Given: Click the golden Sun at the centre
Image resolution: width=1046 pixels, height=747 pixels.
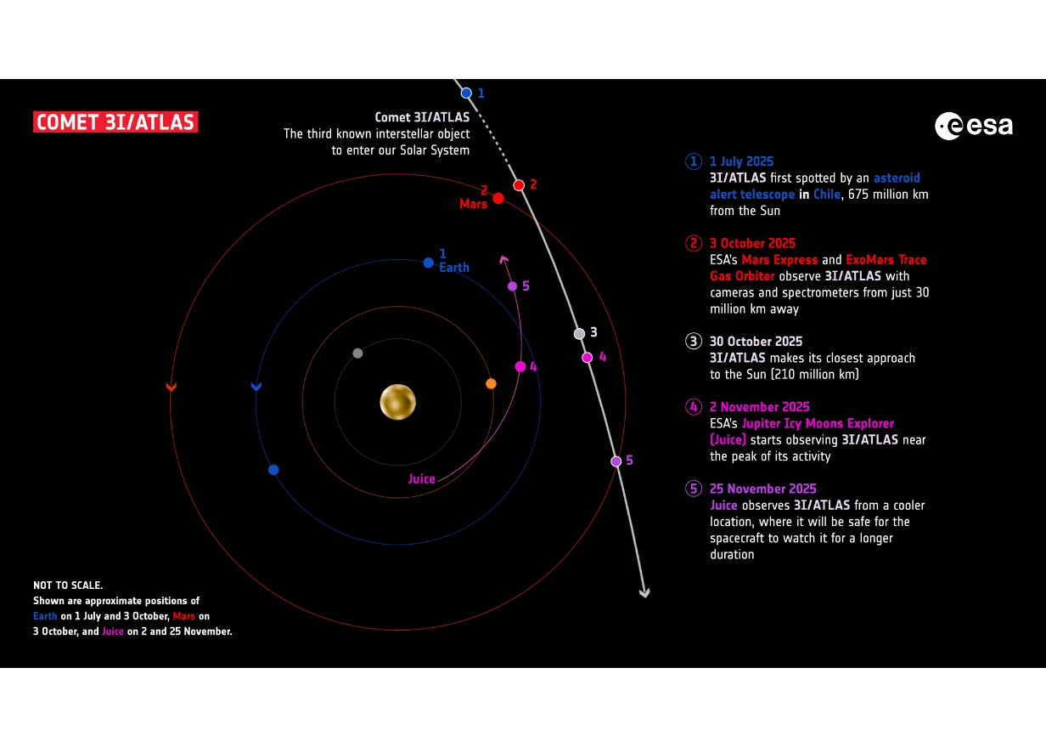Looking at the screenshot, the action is coord(398,402).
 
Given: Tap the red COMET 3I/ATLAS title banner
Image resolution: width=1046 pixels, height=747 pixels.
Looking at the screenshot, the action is coord(115,122).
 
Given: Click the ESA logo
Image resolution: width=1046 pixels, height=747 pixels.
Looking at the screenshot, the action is coord(974,126).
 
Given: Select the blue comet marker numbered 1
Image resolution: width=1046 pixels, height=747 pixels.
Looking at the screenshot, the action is coord(466,93).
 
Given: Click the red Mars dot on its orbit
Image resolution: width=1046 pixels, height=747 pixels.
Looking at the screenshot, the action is coord(498,198).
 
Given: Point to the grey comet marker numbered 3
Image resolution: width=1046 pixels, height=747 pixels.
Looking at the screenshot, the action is coord(579,333).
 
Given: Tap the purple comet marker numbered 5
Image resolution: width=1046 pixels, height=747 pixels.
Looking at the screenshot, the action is coord(616,461).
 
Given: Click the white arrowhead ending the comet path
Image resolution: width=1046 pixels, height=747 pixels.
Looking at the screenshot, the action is coord(644,592).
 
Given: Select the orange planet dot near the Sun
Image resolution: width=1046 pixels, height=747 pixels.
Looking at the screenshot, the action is coord(491,384).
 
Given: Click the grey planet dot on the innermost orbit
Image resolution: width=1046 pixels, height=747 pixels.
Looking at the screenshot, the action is coord(357,353).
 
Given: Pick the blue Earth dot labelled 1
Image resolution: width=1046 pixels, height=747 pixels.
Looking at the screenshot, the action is coord(428,263).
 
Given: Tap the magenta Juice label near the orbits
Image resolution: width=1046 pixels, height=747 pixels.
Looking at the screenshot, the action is coord(421,478).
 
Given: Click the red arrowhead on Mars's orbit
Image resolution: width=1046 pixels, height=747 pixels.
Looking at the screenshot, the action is coord(172,387).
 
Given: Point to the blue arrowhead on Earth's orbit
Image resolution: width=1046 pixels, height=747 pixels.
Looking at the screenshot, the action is coord(256,386).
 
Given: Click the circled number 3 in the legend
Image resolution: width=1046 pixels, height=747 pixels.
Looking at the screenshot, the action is coord(694,342).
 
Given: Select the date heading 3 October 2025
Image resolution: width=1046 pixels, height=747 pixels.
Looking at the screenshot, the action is coord(752,243).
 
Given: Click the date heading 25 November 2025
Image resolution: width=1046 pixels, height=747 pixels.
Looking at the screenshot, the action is coord(763,489).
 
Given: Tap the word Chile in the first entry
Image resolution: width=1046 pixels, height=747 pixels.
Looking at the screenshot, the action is coord(827,194).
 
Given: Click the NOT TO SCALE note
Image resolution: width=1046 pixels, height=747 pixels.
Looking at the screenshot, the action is coord(68,585).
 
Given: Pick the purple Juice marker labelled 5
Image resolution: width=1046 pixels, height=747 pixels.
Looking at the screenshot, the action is coord(512,286).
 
